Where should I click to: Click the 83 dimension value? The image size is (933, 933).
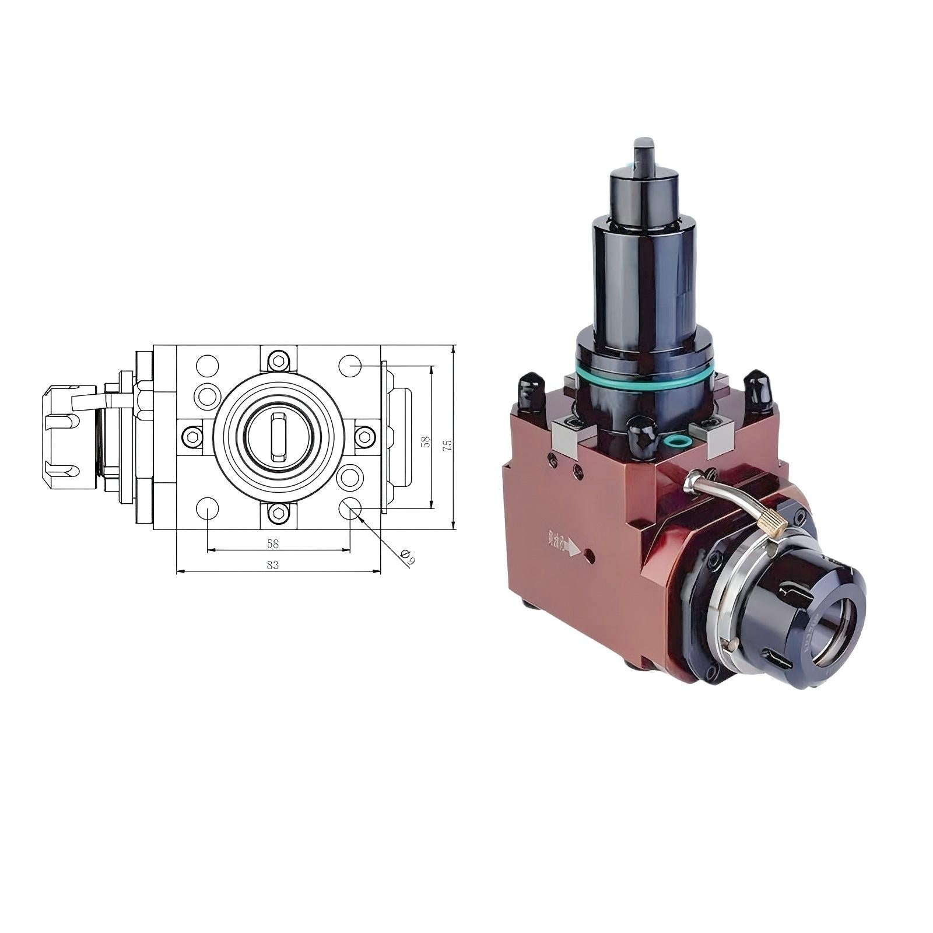point(272,564)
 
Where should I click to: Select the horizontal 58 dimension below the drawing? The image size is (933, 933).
point(272,543)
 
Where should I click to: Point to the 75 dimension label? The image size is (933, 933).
point(447,446)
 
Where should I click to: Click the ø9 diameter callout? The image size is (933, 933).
point(408,556)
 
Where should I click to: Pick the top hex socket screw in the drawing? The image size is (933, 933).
point(279,362)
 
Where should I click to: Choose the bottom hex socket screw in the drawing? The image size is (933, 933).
point(279,513)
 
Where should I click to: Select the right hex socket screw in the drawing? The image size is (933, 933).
point(365,435)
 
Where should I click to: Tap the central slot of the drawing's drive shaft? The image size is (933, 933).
point(279,436)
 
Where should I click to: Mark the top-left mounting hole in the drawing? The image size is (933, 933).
point(207,366)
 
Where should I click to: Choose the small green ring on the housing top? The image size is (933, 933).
point(675,440)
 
